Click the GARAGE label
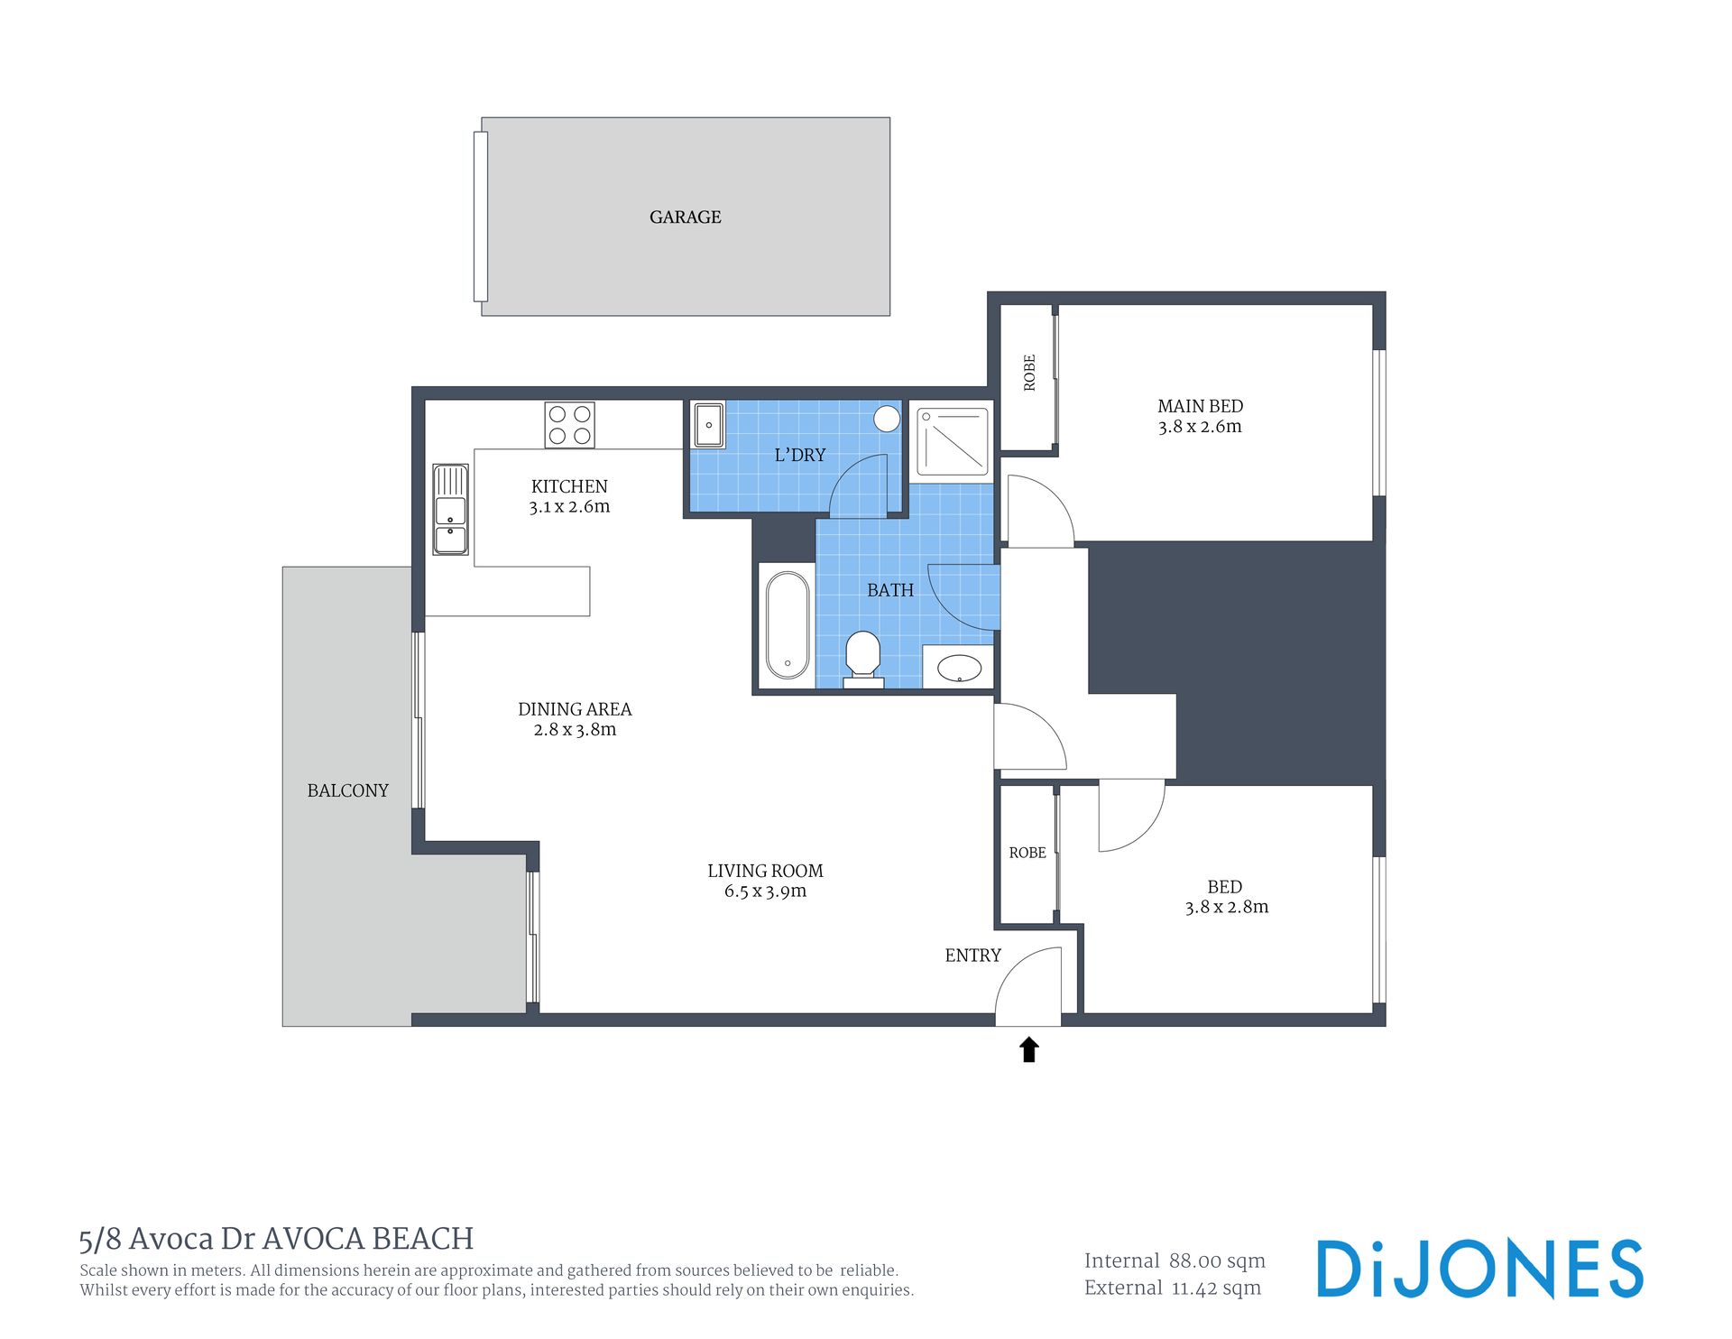(x=686, y=217)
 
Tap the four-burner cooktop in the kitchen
(x=570, y=425)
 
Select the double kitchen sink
(x=450, y=509)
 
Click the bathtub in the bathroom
(x=788, y=624)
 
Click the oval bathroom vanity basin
(x=959, y=668)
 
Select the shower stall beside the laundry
(x=953, y=441)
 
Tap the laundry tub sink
(x=709, y=424)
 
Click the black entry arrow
(x=1028, y=1049)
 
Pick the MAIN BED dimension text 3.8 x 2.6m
(x=1200, y=427)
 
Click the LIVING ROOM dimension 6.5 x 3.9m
(x=765, y=891)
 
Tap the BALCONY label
(x=347, y=790)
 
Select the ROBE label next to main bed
(x=1029, y=373)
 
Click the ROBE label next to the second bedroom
(x=1027, y=853)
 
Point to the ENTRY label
(x=972, y=956)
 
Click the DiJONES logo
(x=1479, y=1269)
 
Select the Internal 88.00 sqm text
(x=1175, y=1261)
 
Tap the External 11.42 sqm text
(x=1173, y=1288)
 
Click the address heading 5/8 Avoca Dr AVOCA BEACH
(x=276, y=1239)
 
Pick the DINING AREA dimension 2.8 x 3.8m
(x=575, y=730)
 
